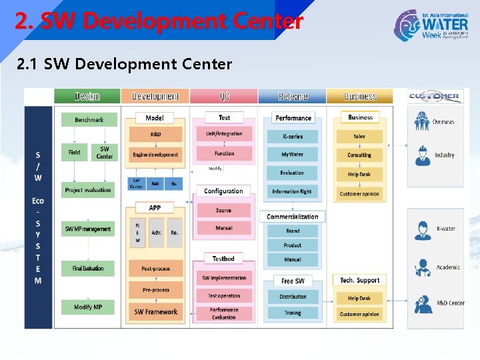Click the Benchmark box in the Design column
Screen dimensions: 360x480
(x=89, y=120)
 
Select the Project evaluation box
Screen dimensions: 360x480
(x=88, y=190)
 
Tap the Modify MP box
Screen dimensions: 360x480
(x=88, y=307)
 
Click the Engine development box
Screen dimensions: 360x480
(x=155, y=155)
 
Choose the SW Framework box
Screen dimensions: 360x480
(x=156, y=312)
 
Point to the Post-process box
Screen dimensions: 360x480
(x=156, y=269)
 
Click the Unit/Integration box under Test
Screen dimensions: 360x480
(x=224, y=134)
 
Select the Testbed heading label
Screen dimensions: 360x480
(x=223, y=259)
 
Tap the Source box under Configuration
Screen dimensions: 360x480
(x=224, y=211)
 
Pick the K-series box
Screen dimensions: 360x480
(x=293, y=137)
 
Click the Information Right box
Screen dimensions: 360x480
(x=292, y=192)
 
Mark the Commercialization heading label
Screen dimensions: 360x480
(x=293, y=217)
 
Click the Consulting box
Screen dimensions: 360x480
(x=359, y=155)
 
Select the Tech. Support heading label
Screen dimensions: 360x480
(x=360, y=281)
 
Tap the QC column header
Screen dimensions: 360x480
(x=224, y=97)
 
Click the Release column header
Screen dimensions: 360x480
(x=293, y=97)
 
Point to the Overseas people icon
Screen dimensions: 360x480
(x=421, y=122)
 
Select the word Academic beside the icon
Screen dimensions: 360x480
(x=448, y=267)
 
